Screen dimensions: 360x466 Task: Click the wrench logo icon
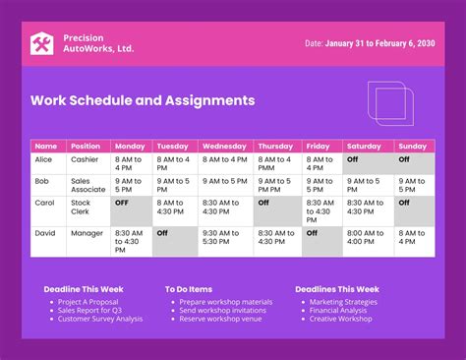42,44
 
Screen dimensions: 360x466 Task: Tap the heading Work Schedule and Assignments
143,100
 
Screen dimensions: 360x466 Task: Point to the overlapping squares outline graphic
392,103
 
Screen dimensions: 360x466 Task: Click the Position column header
86,146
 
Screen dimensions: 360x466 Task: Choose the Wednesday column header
224,146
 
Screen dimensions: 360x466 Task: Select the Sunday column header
413,146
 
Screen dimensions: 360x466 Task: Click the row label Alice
45,158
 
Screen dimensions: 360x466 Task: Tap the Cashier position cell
87,158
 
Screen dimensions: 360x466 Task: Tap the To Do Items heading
189,289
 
